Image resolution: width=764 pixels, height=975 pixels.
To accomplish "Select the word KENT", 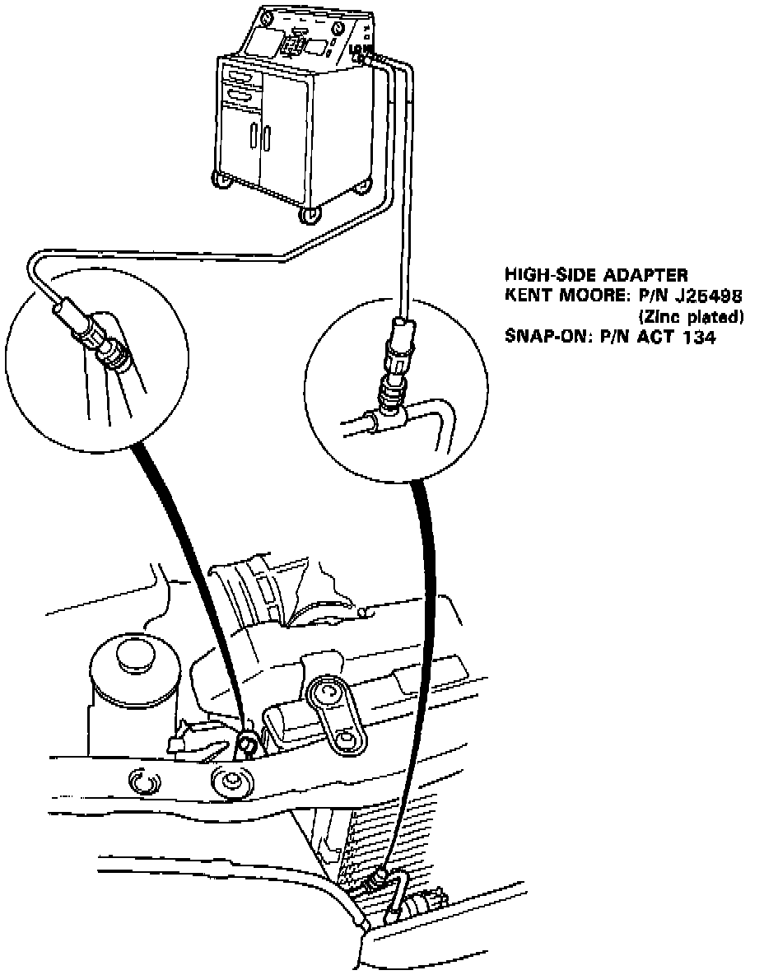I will pyautogui.click(x=525, y=295).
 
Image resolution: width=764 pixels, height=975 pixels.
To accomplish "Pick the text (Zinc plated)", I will pyautogui.click(x=691, y=316).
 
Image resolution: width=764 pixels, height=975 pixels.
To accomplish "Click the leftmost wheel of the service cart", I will pyautogui.click(x=220, y=180).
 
